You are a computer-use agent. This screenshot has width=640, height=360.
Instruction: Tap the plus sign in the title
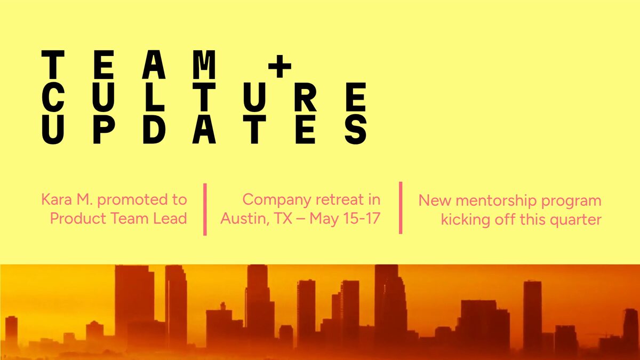(x=279, y=66)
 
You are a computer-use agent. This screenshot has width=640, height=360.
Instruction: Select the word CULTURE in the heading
(x=204, y=97)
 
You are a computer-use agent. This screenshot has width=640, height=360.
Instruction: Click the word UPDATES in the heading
(x=205, y=130)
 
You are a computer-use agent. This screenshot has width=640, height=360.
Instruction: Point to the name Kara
(x=57, y=199)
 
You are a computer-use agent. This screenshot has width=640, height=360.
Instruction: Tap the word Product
(x=78, y=218)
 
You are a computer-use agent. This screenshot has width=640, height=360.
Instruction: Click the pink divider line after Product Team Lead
(x=205, y=210)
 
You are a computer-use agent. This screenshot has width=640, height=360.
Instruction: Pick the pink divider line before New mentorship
(x=401, y=207)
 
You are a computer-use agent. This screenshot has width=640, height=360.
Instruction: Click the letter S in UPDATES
(x=356, y=130)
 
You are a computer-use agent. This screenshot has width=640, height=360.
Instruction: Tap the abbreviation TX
(x=283, y=218)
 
